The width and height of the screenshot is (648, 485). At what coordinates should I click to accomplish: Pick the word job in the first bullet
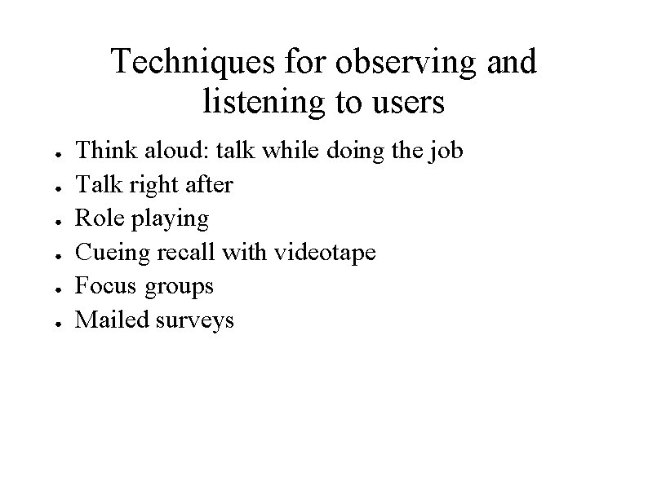coord(448,152)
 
